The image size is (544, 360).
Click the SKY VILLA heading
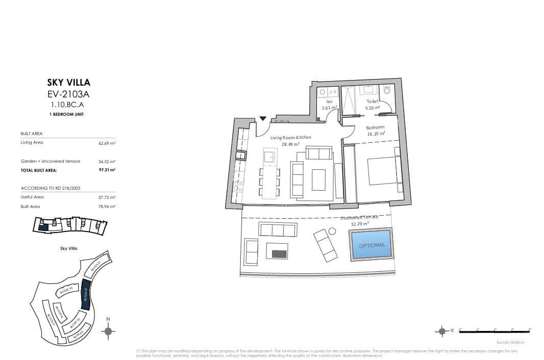coord(68,82)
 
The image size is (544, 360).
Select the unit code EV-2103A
coord(68,93)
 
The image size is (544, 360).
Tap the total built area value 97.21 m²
coord(107,170)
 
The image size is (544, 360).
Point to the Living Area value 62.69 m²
coord(107,143)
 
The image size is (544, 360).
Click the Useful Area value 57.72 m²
coord(107,197)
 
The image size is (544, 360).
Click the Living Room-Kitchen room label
coord(290,138)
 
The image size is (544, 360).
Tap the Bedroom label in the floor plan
coord(375,127)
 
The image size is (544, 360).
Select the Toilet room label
coord(372,101)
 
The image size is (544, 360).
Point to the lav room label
coord(329,101)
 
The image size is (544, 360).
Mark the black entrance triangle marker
coord(263,118)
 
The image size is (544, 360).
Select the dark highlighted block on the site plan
coord(86,294)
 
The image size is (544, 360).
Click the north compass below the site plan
coord(108,331)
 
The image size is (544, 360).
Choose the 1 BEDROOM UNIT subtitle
coord(68,114)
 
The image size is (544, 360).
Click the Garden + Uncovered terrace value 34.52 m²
coord(107,161)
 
